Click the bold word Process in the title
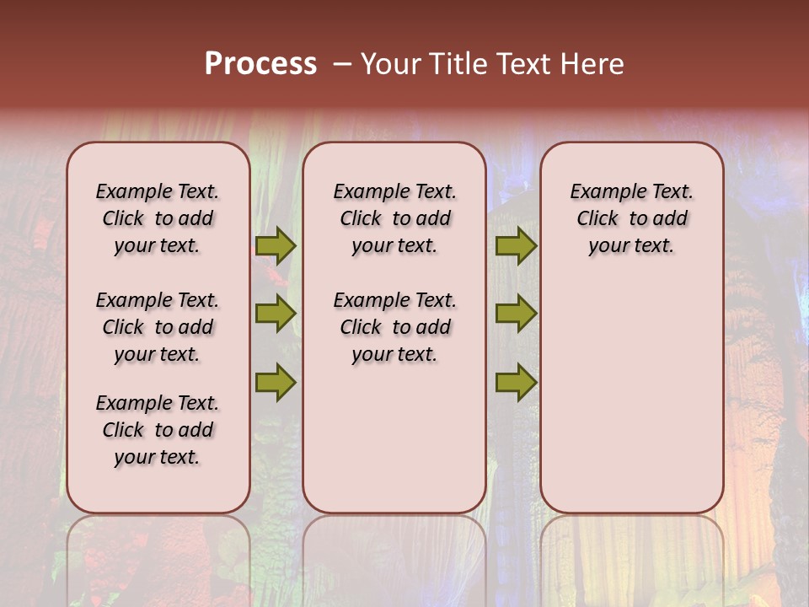[260, 64]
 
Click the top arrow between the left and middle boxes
[276, 246]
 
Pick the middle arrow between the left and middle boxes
[276, 314]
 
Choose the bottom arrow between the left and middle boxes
[276, 382]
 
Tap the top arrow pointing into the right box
[516, 246]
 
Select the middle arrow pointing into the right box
[516, 314]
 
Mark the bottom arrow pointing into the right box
[516, 382]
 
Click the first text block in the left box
[158, 218]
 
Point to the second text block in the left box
[158, 327]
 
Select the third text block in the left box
[158, 430]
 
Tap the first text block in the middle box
[394, 218]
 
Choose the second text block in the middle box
[394, 327]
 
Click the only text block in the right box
[631, 218]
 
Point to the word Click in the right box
[597, 219]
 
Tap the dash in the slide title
[342, 64]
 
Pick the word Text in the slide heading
[521, 64]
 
